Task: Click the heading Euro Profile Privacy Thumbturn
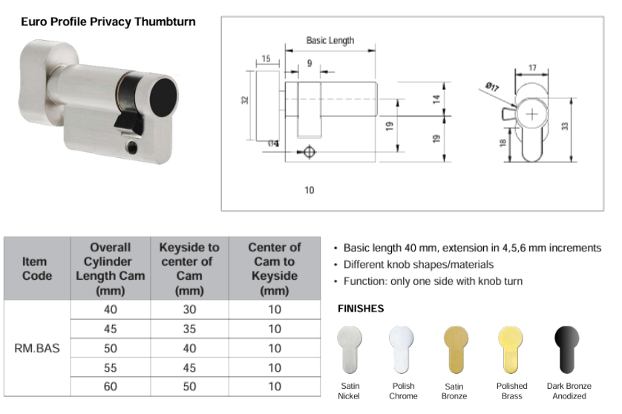click(108, 22)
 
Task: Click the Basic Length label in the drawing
click(330, 41)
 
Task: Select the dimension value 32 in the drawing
click(245, 100)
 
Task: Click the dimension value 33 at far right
click(565, 127)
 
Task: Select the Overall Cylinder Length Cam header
click(111, 269)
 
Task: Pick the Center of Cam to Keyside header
click(274, 269)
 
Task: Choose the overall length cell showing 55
click(111, 367)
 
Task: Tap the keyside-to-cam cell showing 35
click(189, 329)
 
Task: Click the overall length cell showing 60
click(111, 387)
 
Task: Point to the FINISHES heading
click(361, 308)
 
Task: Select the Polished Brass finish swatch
click(511, 349)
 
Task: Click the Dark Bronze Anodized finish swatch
click(569, 349)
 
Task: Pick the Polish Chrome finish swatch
click(403, 349)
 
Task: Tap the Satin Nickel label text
click(349, 391)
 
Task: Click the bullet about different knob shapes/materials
click(419, 265)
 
